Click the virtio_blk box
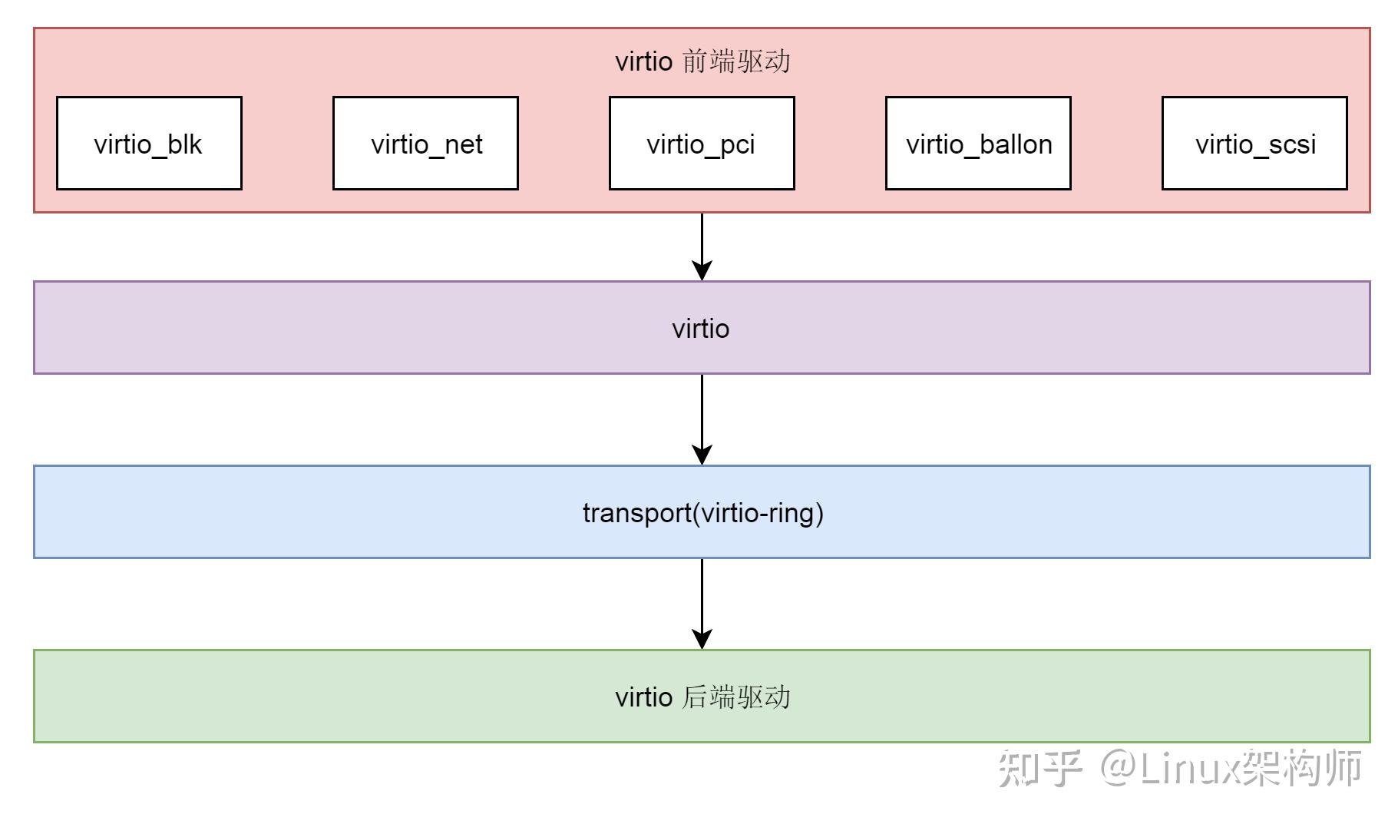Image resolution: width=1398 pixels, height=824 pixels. pos(149,144)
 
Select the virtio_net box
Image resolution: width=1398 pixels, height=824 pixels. pos(425,144)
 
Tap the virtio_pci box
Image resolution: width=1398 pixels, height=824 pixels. pos(701,144)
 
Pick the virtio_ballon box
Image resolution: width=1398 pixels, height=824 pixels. pos(978,144)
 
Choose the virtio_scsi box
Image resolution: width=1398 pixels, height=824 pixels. pos(1254,144)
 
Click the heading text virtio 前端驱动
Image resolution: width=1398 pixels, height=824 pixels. pos(702,61)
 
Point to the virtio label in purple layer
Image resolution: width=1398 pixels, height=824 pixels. pos(700,329)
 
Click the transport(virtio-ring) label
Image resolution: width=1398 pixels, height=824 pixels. pos(702,512)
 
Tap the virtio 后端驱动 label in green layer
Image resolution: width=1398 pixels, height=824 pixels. pos(702,697)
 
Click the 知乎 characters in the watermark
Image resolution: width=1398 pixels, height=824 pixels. pos(1039,768)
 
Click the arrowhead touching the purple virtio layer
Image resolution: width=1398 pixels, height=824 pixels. pos(702,270)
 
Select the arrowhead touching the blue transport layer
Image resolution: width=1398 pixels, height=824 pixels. pos(702,455)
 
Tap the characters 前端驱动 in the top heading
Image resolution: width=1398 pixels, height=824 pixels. pos(735,61)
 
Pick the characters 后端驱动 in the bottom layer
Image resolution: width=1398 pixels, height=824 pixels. pos(735,697)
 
